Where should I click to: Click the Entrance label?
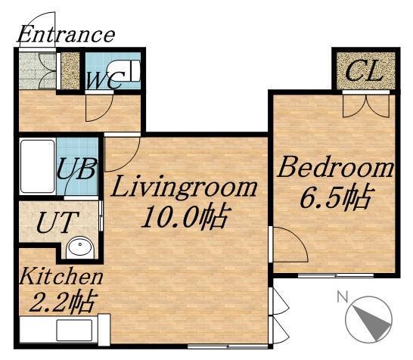click(66, 35)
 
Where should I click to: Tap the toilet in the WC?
click(123, 70)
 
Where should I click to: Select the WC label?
click(105, 80)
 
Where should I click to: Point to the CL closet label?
click(364, 71)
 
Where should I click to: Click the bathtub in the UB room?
click(38, 166)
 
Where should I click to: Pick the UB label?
click(76, 169)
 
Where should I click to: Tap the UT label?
click(57, 222)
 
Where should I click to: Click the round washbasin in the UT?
click(80, 247)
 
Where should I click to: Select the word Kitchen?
click(61, 276)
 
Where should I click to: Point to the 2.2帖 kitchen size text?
click(62, 301)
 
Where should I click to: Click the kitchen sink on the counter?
click(75, 331)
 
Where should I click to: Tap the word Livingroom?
click(184, 187)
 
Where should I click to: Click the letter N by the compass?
click(343, 296)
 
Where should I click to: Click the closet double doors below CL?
click(366, 106)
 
